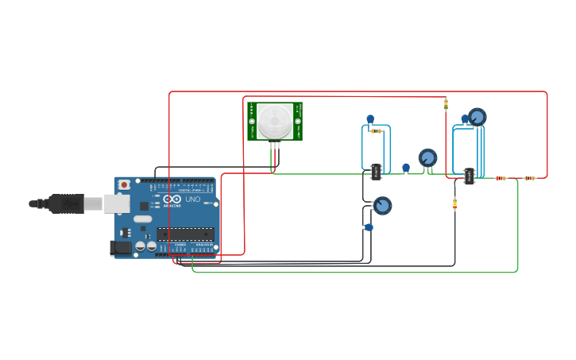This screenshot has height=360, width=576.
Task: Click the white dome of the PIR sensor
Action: pyautogui.click(x=274, y=121)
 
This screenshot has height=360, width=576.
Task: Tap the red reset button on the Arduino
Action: pyautogui.click(x=124, y=184)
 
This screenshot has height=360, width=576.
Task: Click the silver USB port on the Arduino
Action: pyautogui.click(x=117, y=204)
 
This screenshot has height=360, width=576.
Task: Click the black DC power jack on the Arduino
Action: pyautogui.click(x=120, y=248)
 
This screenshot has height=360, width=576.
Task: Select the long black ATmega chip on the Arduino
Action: pyautogui.click(x=185, y=234)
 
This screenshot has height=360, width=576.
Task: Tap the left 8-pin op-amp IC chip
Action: pyautogui.click(x=376, y=172)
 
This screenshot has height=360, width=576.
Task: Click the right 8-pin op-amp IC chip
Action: pyautogui.click(x=470, y=176)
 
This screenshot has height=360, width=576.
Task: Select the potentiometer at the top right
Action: pyautogui.click(x=477, y=117)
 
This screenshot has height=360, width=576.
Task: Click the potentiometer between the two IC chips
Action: pyautogui.click(x=428, y=157)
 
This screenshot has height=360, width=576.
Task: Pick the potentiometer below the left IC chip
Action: pyautogui.click(x=382, y=206)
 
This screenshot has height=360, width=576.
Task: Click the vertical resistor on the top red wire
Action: pyautogui.click(x=446, y=104)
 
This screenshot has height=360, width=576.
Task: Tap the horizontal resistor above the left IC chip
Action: pyautogui.click(x=377, y=131)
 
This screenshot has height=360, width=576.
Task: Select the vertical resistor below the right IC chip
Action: pyautogui.click(x=454, y=204)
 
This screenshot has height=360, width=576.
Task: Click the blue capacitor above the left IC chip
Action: pyautogui.click(x=370, y=119)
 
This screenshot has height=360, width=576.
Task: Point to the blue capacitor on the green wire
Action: pyautogui.click(x=406, y=168)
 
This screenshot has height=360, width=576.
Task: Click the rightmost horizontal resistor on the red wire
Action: pyautogui.click(x=529, y=178)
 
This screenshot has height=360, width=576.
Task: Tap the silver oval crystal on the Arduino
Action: pyautogui.click(x=143, y=219)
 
